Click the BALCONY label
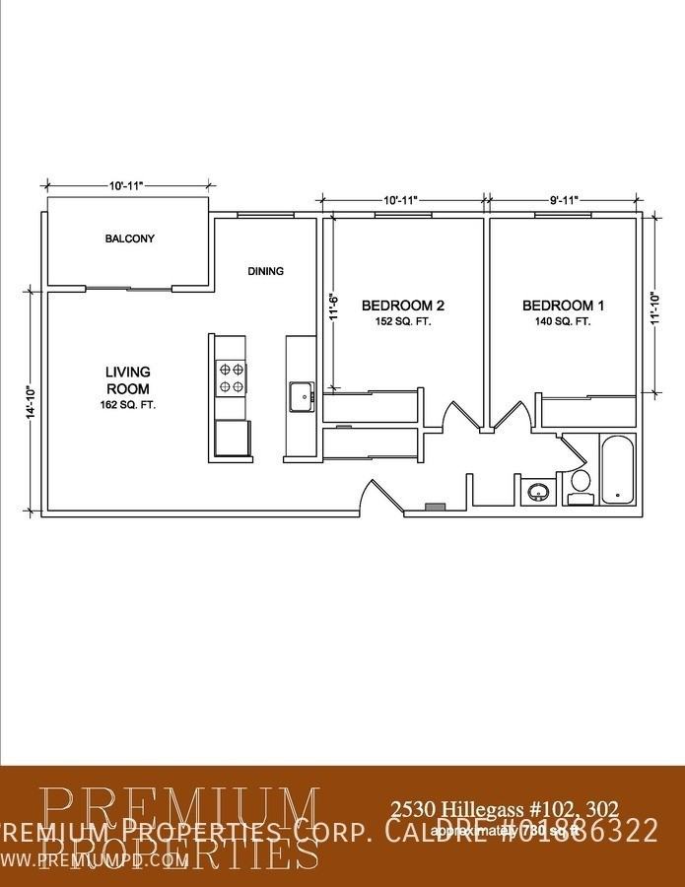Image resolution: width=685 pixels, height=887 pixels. [x=130, y=239]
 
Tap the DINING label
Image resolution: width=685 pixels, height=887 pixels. [x=265, y=271]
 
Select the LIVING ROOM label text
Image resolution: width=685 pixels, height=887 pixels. [x=128, y=379]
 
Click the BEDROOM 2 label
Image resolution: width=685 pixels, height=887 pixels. [x=403, y=306]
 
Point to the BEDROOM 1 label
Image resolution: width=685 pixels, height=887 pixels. [x=563, y=306]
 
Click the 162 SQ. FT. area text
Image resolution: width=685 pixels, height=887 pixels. [x=128, y=405]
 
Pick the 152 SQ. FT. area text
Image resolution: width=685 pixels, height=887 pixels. [x=403, y=321]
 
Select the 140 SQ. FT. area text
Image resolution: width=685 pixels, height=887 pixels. [x=563, y=321]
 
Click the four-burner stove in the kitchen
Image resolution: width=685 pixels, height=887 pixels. [x=231, y=377]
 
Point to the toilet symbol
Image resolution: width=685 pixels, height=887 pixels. [x=581, y=485]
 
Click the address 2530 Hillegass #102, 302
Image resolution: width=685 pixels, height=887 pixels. [x=505, y=809]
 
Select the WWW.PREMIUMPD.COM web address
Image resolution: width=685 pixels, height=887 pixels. [x=95, y=859]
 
